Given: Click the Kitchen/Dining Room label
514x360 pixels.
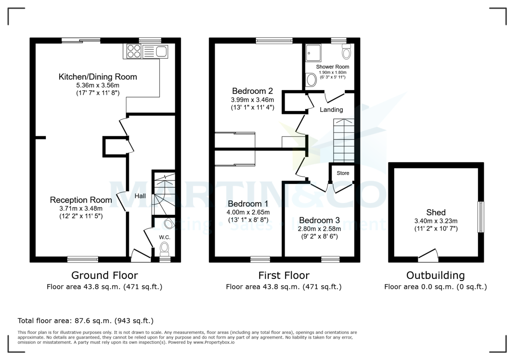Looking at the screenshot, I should point(98,77).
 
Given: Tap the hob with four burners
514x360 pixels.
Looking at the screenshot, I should point(133,51).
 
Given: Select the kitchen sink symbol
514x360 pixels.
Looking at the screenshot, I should point(161,52).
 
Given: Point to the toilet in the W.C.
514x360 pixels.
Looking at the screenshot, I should point(164,247).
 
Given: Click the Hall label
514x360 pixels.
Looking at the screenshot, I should point(140,196).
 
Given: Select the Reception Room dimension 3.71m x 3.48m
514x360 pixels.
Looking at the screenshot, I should point(81,208).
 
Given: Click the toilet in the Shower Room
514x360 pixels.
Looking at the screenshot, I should point(347,52).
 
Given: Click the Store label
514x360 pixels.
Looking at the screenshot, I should point(343,173).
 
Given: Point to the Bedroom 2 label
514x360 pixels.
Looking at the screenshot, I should point(252,91).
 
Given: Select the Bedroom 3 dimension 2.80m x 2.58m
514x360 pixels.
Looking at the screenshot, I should point(319,228).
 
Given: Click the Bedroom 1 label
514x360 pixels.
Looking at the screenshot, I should point(248,203).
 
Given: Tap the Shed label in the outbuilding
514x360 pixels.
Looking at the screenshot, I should point(436,212).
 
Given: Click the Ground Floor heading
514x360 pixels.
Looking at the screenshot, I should point(105,275).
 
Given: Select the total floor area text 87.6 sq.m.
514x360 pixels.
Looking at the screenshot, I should point(86,321).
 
